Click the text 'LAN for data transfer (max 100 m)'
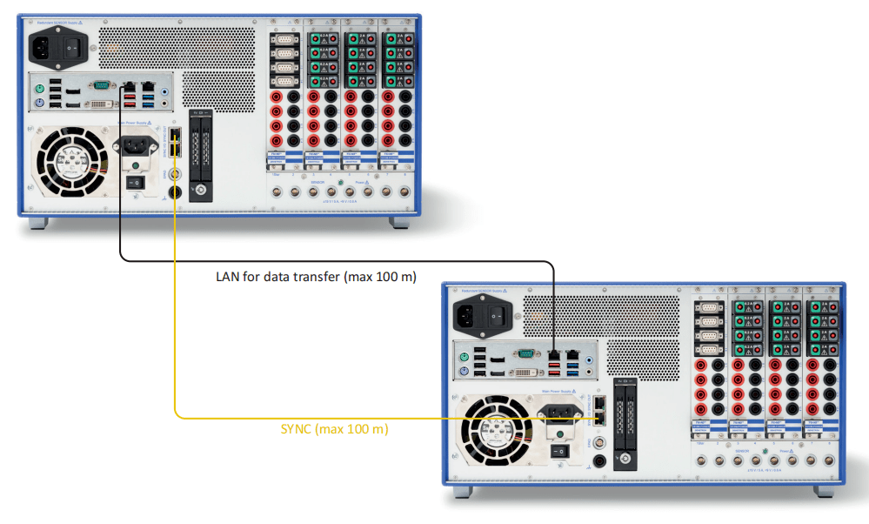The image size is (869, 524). click(x=316, y=278)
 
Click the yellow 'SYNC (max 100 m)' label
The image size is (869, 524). click(x=334, y=429)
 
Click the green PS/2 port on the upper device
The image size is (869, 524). click(x=39, y=88)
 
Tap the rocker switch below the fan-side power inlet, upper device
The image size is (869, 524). click(x=134, y=183)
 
